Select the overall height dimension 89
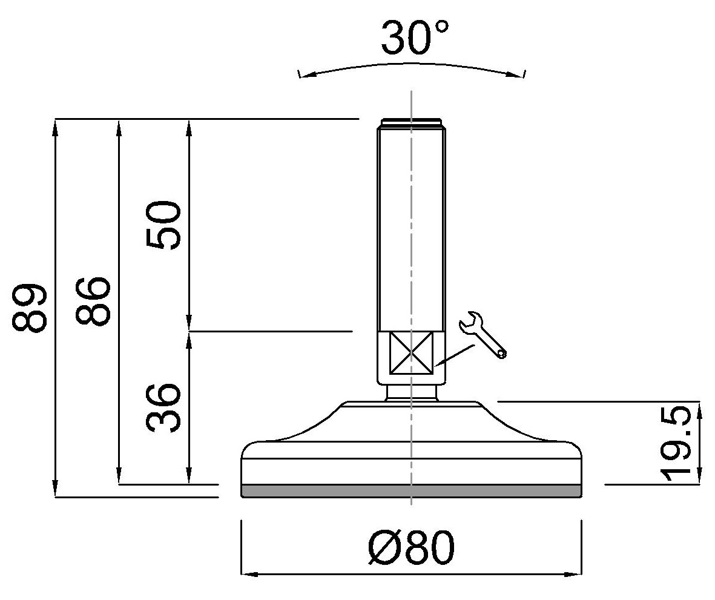(x=30, y=307)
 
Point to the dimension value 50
(x=163, y=225)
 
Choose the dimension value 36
(x=164, y=407)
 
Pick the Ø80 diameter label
(x=411, y=549)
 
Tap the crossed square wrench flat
(x=411, y=352)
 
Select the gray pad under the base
(x=411, y=491)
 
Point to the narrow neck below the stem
(x=411, y=394)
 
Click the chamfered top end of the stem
(x=411, y=123)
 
